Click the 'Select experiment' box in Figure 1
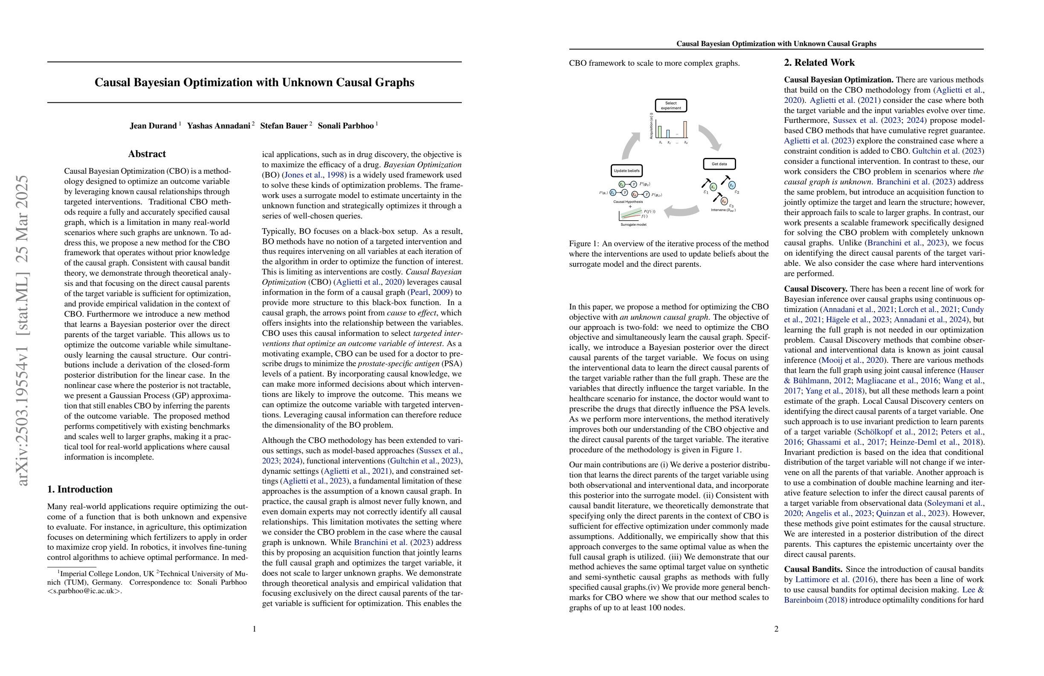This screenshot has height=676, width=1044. click(x=671, y=106)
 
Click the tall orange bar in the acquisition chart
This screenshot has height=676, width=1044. click(x=685, y=129)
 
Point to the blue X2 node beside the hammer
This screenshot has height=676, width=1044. click(x=732, y=186)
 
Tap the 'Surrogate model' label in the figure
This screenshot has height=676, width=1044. click(x=633, y=225)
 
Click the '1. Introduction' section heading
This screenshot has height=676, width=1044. click(x=80, y=490)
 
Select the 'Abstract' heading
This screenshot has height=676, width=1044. click(x=147, y=154)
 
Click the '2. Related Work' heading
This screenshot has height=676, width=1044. click(x=819, y=63)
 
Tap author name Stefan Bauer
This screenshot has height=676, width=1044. click(x=283, y=126)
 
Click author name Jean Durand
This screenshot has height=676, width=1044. click(x=153, y=126)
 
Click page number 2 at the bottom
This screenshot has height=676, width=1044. click(x=776, y=629)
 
